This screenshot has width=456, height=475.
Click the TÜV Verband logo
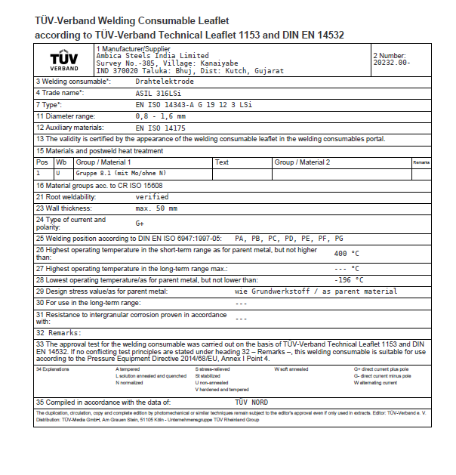(x=63, y=60)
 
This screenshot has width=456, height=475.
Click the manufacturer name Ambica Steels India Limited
(x=153, y=56)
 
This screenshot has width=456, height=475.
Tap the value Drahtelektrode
(x=165, y=81)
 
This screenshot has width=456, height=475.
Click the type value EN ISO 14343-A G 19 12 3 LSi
(x=191, y=104)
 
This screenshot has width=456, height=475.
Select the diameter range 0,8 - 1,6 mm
(x=161, y=116)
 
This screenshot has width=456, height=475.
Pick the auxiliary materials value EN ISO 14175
(x=160, y=128)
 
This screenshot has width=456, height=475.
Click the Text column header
(x=222, y=162)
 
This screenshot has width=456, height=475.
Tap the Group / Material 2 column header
(x=302, y=162)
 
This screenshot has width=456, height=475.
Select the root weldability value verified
(x=152, y=196)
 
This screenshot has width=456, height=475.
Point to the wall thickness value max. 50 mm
(x=156, y=208)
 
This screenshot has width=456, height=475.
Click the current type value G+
(x=140, y=224)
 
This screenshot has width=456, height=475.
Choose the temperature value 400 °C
(x=347, y=254)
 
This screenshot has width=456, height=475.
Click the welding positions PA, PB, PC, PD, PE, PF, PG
(x=289, y=237)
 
